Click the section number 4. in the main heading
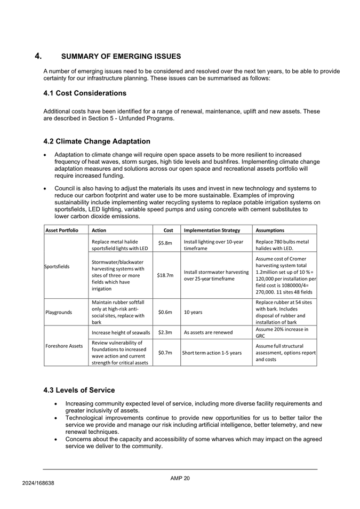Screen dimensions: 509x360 [38, 56]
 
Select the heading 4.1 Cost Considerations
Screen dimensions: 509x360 [85, 93]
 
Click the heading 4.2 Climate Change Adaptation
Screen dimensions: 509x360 [97, 141]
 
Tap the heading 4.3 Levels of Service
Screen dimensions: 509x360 [79, 390]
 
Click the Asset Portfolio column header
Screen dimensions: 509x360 [61, 230]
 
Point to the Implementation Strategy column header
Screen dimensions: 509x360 [212, 230]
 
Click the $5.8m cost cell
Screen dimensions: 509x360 [165, 243]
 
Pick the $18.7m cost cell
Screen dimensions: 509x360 [165, 275]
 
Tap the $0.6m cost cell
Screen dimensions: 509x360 [165, 313]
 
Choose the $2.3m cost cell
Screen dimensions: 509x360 [165, 332]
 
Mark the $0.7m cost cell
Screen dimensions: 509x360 [165, 352]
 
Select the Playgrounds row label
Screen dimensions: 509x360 [59, 313]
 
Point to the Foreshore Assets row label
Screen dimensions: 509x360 [63, 346]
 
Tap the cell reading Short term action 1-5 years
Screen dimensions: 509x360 [212, 352]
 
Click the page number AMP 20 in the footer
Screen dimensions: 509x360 [180, 478]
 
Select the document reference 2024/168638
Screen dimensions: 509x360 [38, 483]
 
